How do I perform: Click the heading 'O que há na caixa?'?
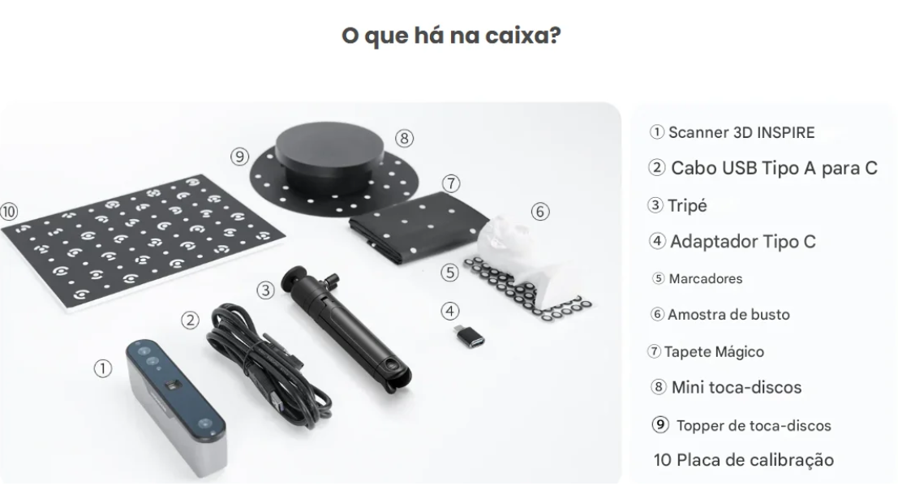pos(451,36)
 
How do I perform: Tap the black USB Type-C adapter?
pos(469,336)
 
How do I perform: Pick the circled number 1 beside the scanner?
pos(102,368)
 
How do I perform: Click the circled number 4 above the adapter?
pos(450,312)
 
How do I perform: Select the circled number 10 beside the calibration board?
pos(9,212)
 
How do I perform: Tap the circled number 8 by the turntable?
pos(404,138)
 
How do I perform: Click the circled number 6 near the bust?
pos(540,212)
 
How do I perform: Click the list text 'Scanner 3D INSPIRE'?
pos(741,133)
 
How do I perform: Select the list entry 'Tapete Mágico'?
pos(714,352)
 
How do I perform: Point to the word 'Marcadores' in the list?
pos(706,279)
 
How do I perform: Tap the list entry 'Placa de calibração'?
pos(755,460)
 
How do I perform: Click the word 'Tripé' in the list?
pos(687,206)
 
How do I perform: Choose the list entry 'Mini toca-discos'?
pos(737,388)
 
